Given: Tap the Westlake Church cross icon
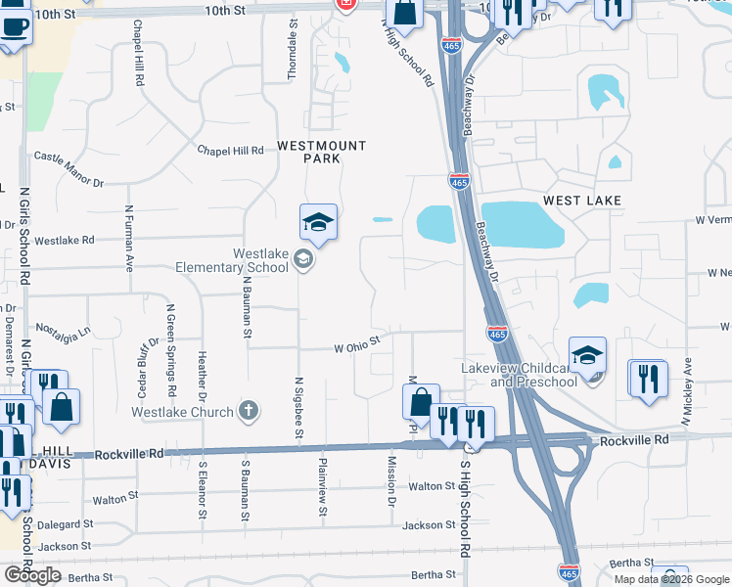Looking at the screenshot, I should pos(249,411).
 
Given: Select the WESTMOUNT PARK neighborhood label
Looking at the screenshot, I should pos(321,152).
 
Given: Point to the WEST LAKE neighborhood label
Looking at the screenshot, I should pos(582,200).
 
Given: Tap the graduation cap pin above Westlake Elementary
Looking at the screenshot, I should pos(319,224).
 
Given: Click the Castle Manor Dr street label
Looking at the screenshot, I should pos(69,169).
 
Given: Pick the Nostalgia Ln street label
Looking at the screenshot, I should pos(63,330).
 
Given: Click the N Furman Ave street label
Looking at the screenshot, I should pos(128,238).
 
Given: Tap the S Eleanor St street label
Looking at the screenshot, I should pos(203,489).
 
